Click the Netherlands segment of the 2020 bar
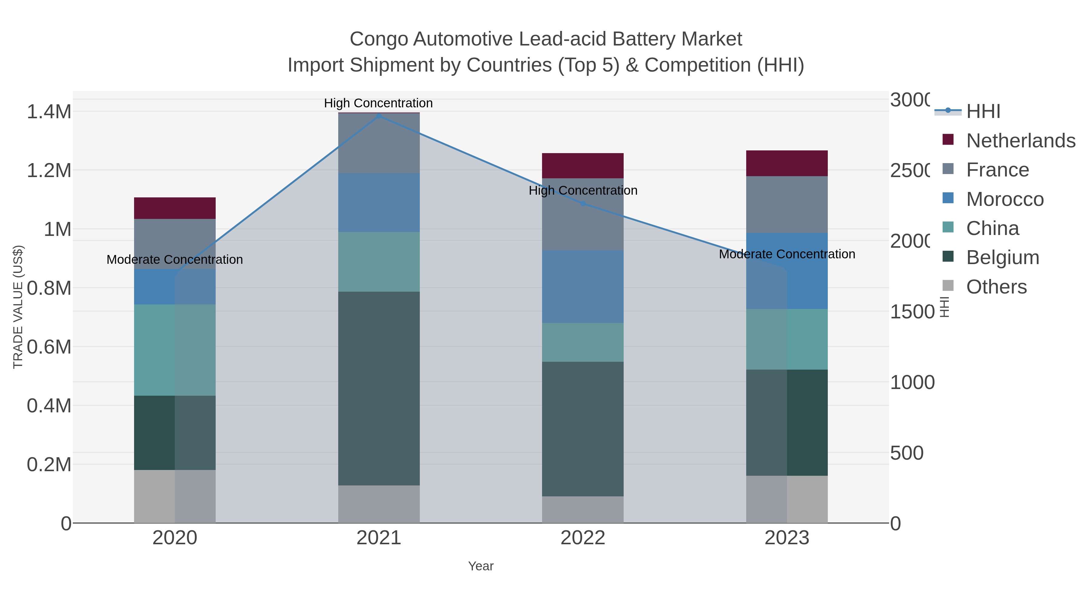point(175,208)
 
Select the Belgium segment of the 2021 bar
point(379,388)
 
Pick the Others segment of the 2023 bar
point(787,499)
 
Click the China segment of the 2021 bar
point(379,261)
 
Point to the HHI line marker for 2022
point(583,204)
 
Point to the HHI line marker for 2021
point(379,116)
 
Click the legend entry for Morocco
point(1004,199)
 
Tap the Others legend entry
point(996,287)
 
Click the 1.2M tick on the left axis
point(49,171)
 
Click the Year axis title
point(481,566)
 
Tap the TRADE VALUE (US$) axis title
point(18,307)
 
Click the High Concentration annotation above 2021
point(378,103)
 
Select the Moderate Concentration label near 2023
point(787,254)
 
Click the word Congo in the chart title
point(379,39)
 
